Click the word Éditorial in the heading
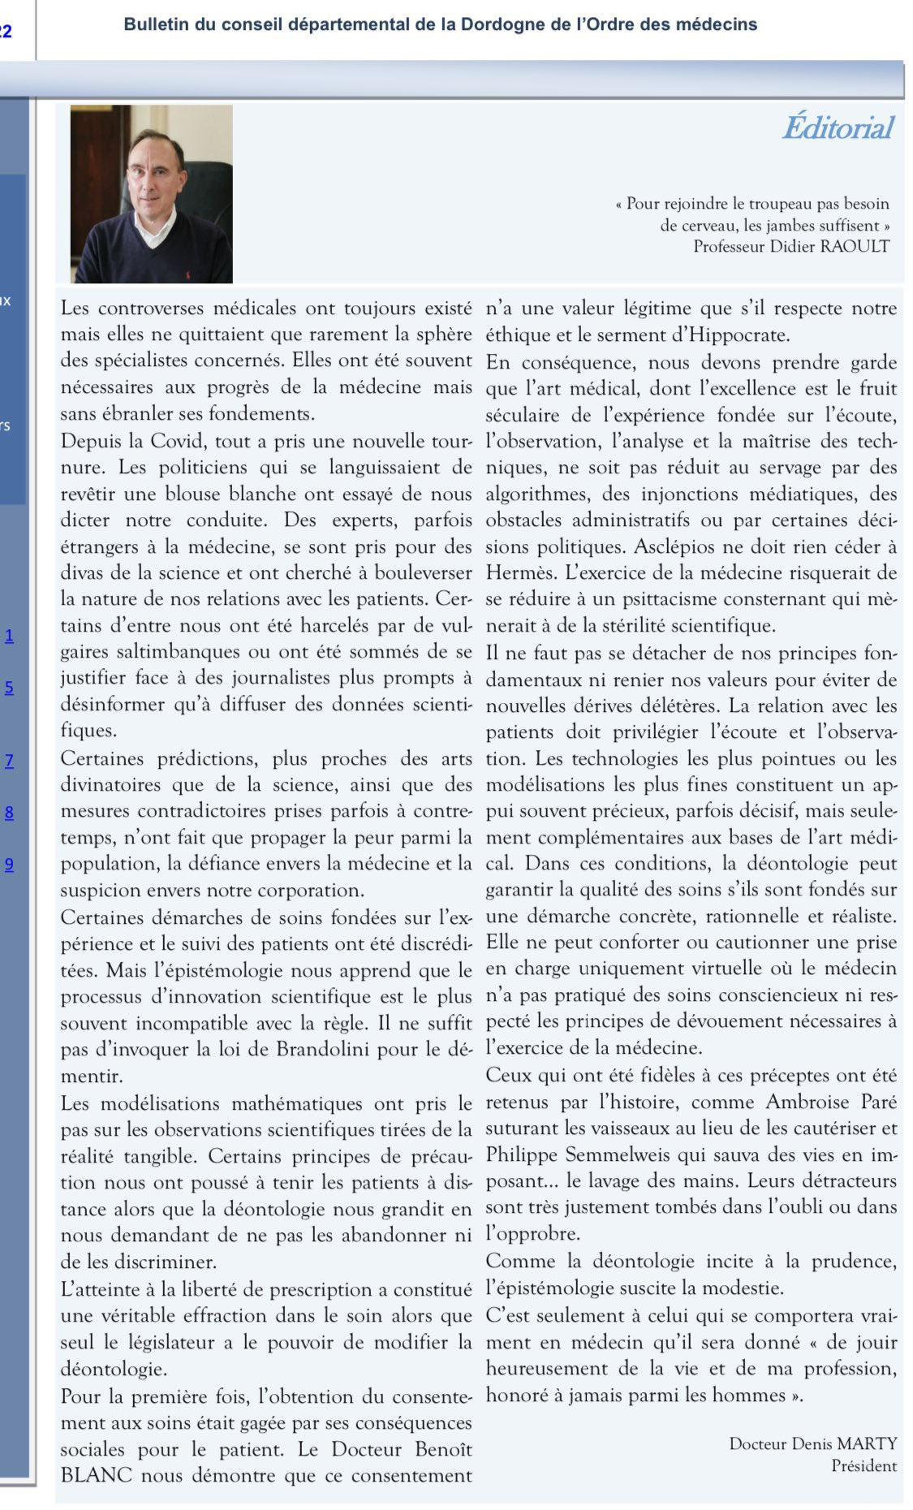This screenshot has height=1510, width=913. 838,128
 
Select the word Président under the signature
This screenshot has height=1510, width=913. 863,1465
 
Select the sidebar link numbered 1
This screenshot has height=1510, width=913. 10,636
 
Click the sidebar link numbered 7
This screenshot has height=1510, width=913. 10,761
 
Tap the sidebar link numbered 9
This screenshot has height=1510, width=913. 10,864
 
